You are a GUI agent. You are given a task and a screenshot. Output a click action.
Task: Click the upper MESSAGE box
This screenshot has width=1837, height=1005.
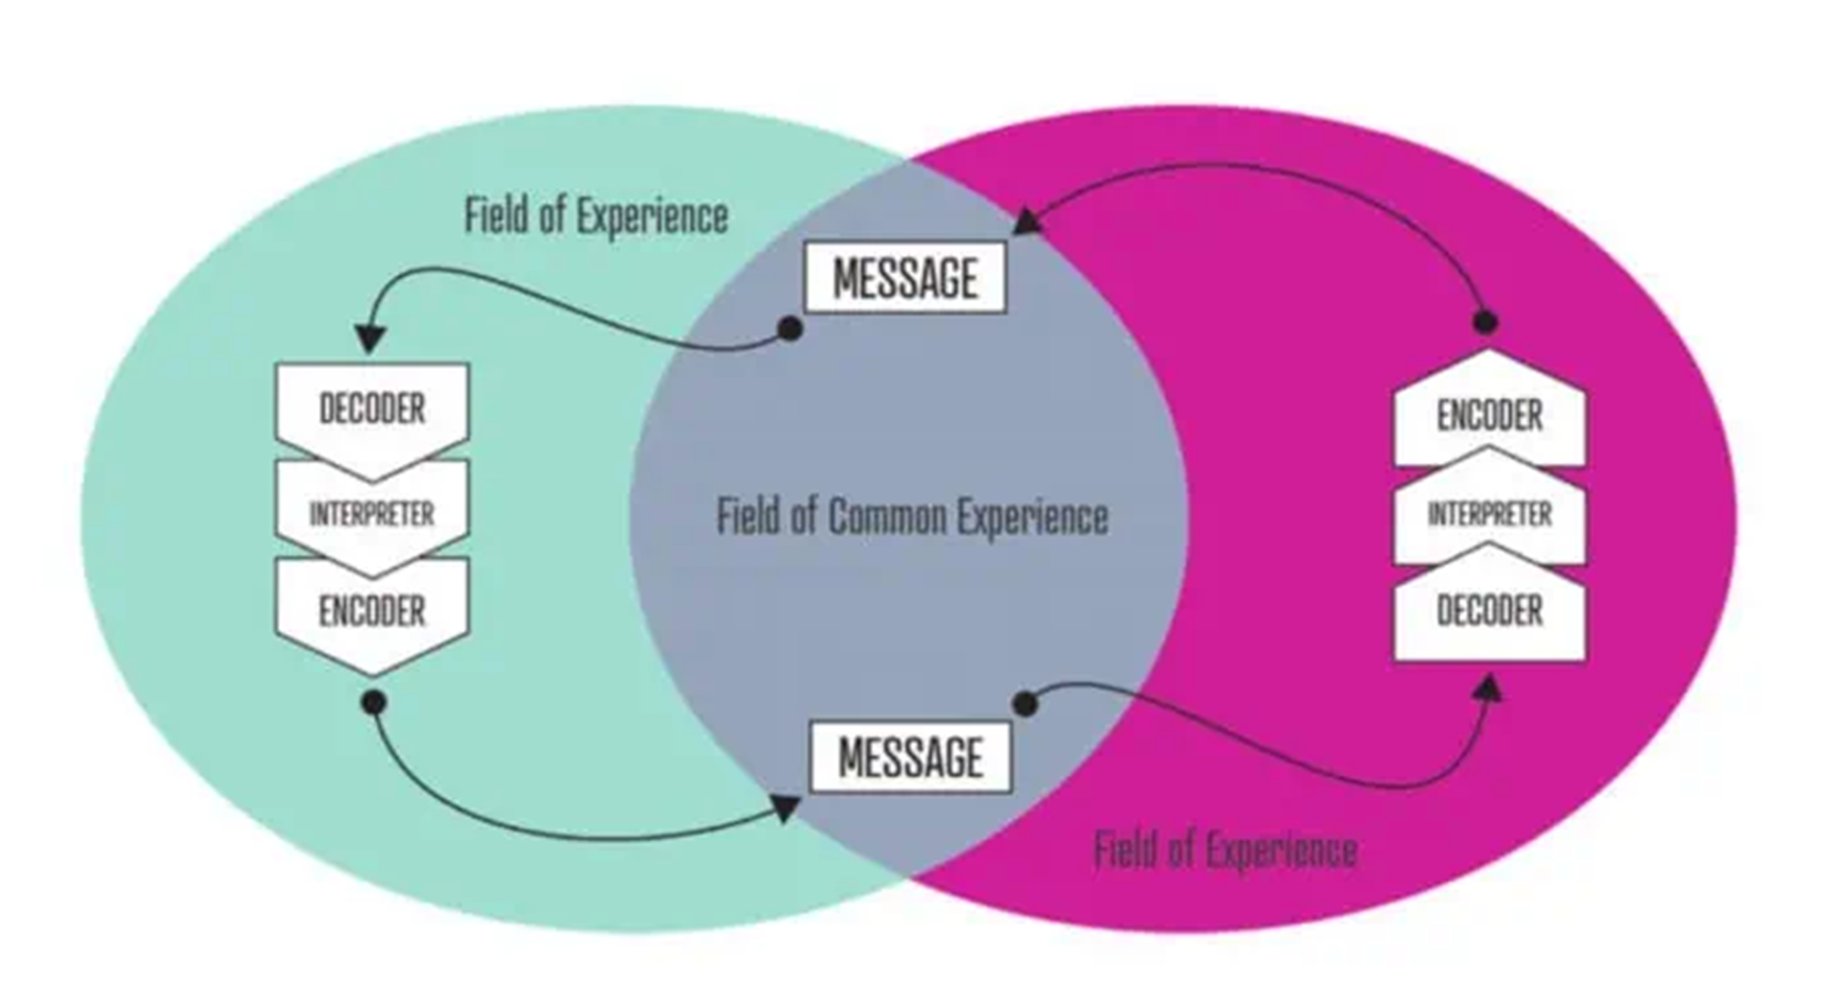[x=905, y=277]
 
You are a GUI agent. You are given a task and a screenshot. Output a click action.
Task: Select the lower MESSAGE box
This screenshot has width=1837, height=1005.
[x=910, y=757]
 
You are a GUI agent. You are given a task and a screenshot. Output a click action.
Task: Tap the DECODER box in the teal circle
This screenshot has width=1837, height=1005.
[x=372, y=408]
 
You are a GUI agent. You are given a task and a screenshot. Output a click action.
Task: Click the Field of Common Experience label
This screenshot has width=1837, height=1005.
[x=912, y=516]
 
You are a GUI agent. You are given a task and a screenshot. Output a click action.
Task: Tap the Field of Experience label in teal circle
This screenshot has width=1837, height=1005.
[x=596, y=216]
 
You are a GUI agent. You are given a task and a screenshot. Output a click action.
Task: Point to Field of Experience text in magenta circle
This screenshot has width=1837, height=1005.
[x=1226, y=850]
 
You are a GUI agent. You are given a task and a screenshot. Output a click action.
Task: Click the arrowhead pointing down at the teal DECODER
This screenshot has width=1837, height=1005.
[x=370, y=338]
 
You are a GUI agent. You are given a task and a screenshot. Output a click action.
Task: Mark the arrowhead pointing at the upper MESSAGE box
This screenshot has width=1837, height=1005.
[x=1026, y=222]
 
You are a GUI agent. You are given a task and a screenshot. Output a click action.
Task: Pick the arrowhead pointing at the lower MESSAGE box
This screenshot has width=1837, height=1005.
[x=785, y=809]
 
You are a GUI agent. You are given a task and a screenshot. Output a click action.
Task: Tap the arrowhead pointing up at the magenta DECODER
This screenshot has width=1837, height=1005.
[x=1489, y=689]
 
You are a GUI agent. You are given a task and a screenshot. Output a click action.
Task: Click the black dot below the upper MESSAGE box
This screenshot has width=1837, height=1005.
[x=790, y=329]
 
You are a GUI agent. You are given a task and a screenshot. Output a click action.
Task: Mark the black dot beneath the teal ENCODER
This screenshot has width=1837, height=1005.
[x=374, y=702]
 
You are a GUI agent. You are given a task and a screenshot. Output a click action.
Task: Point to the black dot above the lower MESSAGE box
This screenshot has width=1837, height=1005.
[x=1025, y=704]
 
